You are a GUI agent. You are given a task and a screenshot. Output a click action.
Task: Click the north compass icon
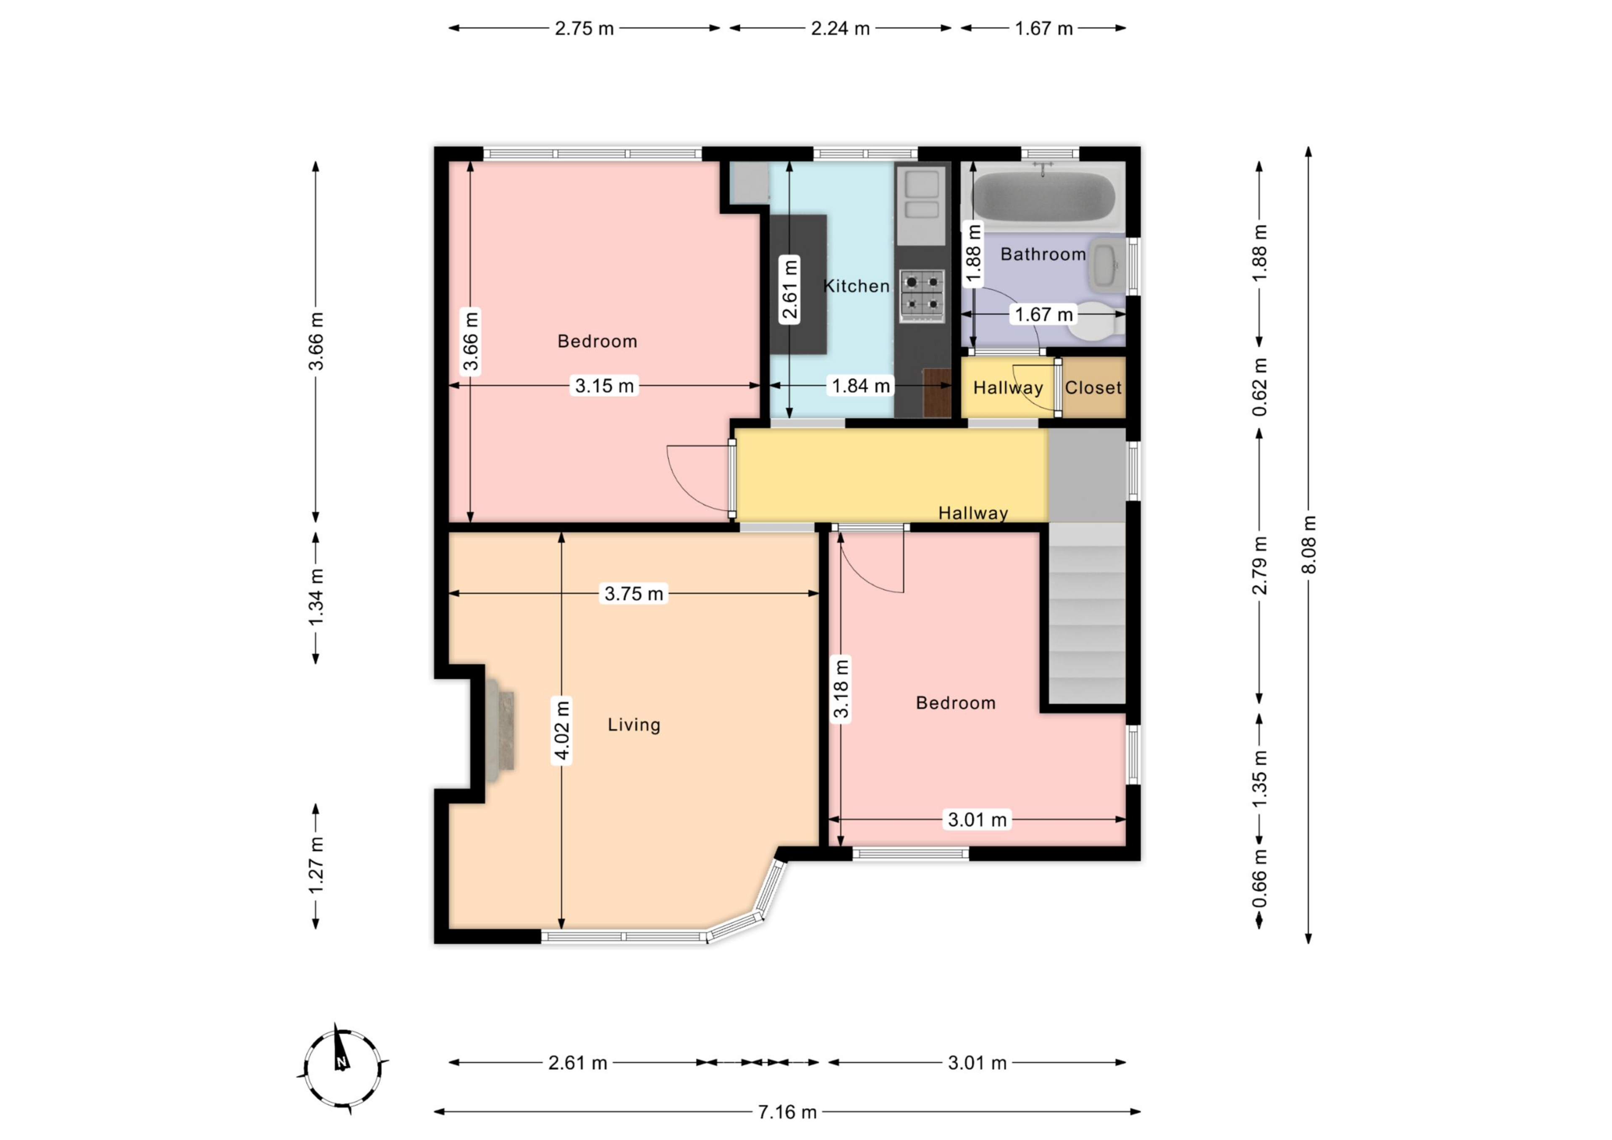coord(342,1068)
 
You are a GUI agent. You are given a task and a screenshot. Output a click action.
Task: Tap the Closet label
coord(1093,388)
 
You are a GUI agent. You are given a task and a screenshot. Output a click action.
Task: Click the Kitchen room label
coord(857,286)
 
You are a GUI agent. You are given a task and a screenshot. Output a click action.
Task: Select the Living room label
coord(634,724)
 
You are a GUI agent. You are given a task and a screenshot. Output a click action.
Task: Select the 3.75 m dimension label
coord(634,594)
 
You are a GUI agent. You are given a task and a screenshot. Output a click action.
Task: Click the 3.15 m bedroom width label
coord(605,385)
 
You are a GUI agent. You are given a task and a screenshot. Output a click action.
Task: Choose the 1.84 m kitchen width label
coord(861,385)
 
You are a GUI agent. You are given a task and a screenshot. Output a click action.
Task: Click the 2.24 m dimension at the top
coord(840,28)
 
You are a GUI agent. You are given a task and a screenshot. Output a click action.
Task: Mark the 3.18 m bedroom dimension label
coord(840,688)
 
